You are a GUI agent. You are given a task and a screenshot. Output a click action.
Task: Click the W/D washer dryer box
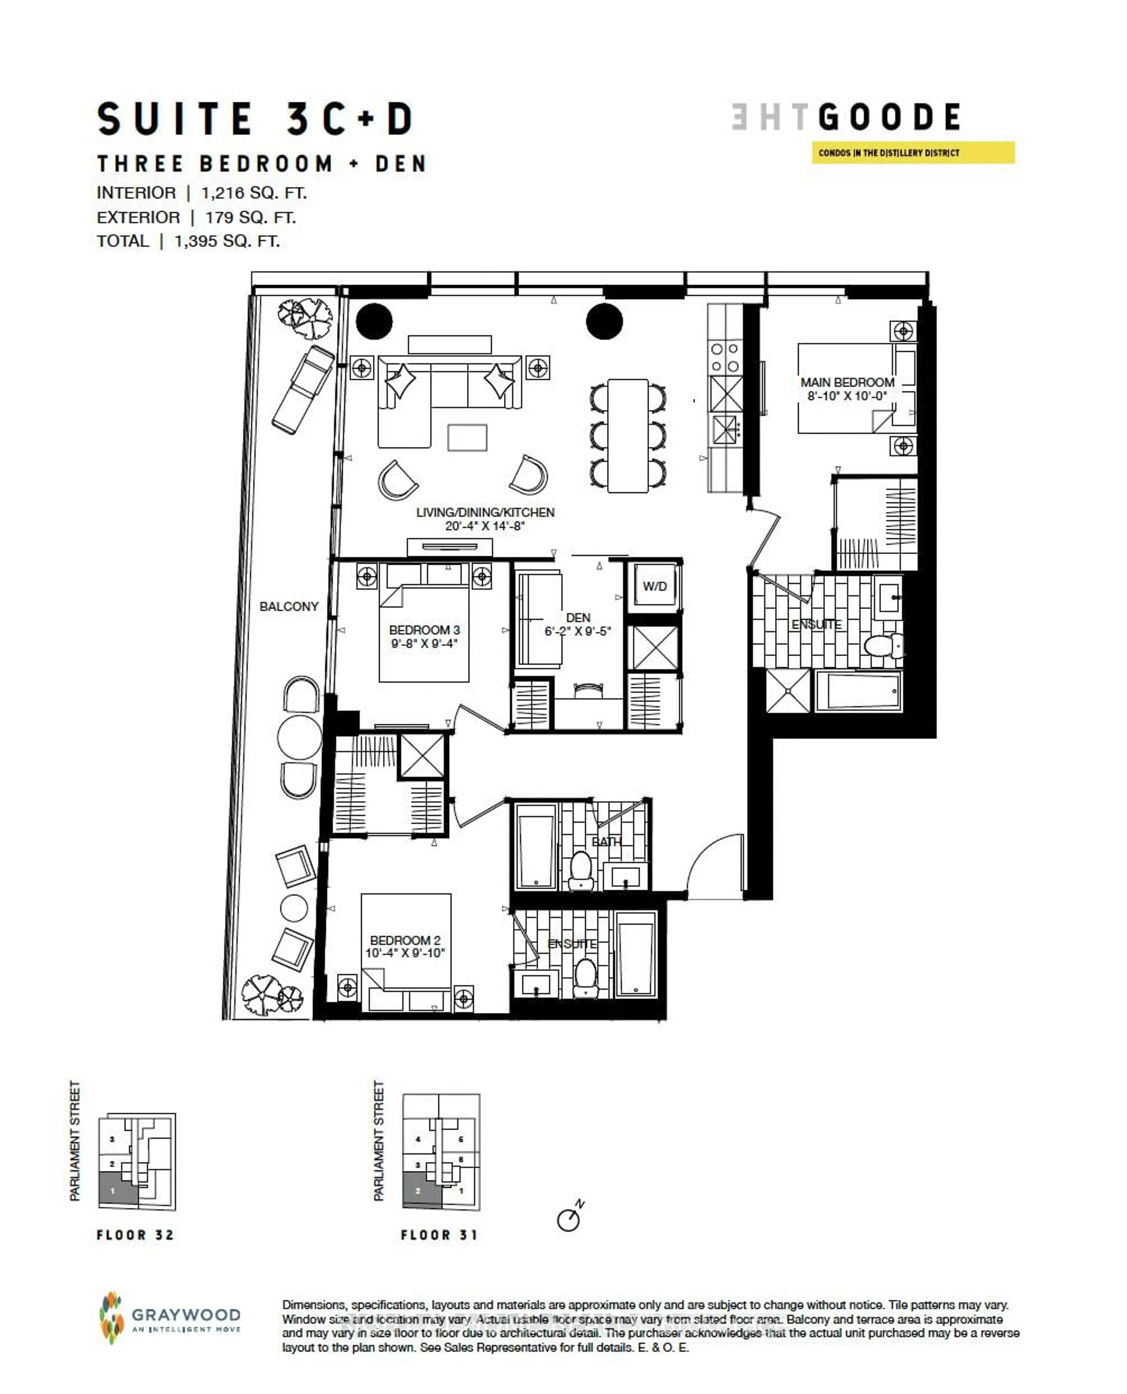point(654,586)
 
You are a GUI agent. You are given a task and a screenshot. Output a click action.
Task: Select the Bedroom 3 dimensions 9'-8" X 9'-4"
point(424,644)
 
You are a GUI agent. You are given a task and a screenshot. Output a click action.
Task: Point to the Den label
point(578,617)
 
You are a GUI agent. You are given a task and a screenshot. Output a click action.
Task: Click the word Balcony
point(289,607)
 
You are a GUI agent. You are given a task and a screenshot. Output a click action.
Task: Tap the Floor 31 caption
point(439,1235)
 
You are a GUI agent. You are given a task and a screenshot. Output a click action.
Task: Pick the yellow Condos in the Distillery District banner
point(913,153)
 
